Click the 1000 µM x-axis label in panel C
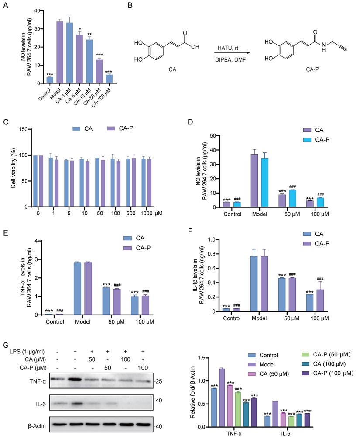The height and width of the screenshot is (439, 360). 146,214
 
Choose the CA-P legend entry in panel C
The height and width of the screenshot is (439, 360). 115,129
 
